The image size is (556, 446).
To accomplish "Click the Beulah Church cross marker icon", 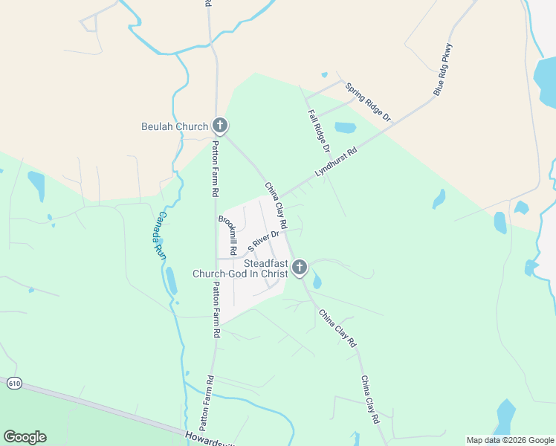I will [x=219, y=126].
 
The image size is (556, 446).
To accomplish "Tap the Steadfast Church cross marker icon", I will [x=300, y=267].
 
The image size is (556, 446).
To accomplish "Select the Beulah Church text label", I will [x=175, y=126].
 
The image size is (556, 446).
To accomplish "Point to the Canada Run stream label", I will [x=161, y=236].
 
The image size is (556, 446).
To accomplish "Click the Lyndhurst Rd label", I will [x=336, y=161].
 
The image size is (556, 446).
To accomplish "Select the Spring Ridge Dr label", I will [x=368, y=102].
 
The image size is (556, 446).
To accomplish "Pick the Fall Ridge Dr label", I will [x=320, y=132].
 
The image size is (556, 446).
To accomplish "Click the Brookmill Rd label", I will [x=227, y=235].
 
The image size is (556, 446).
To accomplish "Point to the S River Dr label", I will [x=264, y=241].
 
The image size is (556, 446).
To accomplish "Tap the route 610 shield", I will [x=13, y=384].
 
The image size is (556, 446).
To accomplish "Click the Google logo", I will [x=25, y=437].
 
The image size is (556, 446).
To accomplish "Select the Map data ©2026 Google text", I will [x=510, y=440].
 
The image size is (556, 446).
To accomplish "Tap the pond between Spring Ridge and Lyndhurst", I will [x=345, y=127].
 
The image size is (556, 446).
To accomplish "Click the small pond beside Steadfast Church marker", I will [x=317, y=282].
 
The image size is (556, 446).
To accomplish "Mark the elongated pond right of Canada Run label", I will [x=172, y=280].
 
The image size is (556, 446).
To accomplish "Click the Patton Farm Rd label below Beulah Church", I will [x=216, y=168].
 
